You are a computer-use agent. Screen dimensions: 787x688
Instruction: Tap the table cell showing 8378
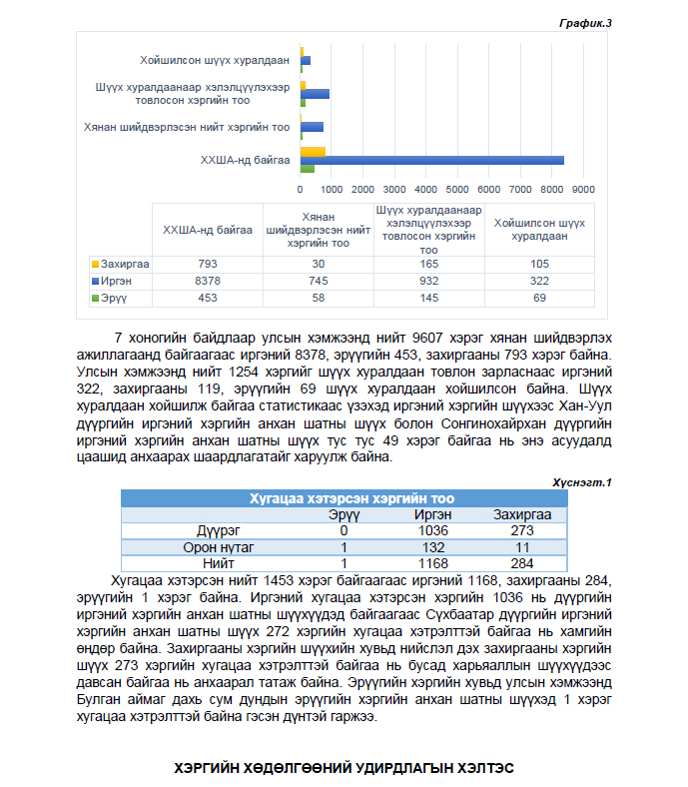coord(208,281)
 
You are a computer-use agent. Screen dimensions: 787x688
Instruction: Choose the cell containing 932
coord(428,281)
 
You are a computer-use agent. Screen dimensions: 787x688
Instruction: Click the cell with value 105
coord(540,264)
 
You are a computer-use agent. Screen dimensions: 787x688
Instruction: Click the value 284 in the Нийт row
coord(522,562)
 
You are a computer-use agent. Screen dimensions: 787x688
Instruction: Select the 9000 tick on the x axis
coord(583,188)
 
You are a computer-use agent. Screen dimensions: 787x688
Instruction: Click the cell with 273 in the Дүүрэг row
coord(522,530)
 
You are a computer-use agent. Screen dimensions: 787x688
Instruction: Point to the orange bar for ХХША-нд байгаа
coord(313,151)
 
